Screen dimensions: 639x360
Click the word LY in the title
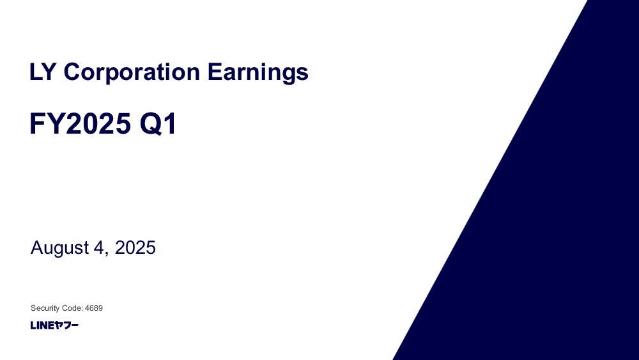pos(42,72)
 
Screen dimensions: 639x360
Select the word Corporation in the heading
pos(132,72)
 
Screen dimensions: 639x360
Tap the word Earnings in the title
pos(258,72)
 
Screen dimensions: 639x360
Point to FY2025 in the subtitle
pos(81,123)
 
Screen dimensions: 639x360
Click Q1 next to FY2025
pos(158,124)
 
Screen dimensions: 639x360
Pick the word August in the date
pos(60,248)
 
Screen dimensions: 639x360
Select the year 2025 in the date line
pos(135,247)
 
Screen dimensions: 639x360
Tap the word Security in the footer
pos(45,308)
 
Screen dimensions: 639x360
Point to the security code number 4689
pos(94,308)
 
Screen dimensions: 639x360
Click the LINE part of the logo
pos(42,325)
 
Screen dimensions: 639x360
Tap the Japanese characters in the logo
pos(66,325)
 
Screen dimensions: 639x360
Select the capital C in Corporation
pos(72,72)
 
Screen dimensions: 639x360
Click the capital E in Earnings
pos(214,72)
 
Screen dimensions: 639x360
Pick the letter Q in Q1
pos(150,124)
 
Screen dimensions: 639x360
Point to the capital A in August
pos(37,247)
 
